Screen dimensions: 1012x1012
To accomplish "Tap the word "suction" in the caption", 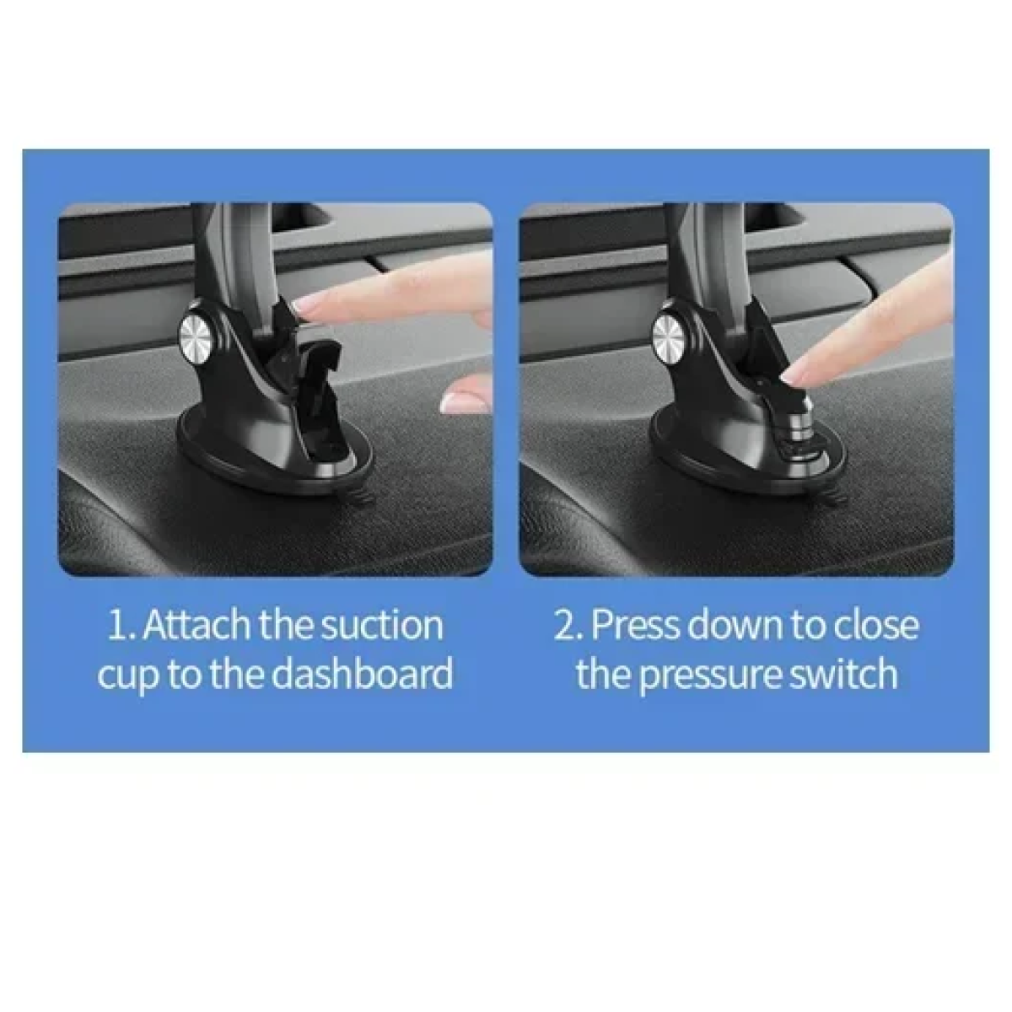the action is click(x=382, y=626).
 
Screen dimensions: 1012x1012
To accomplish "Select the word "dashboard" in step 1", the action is click(x=363, y=675).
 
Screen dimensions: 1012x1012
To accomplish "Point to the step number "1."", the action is click(x=121, y=626).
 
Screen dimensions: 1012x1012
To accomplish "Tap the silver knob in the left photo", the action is click(x=196, y=334).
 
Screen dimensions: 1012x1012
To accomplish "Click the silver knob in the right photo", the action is click(x=669, y=334).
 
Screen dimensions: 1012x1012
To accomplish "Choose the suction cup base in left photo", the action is click(x=275, y=453).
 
